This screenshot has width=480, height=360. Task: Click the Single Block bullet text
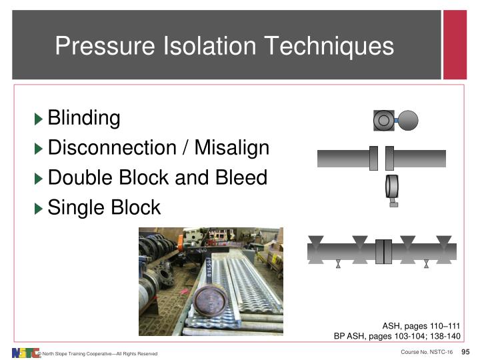pos(104,207)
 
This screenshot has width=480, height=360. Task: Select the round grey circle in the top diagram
pos(408,120)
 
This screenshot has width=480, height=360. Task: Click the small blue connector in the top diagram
pos(396,121)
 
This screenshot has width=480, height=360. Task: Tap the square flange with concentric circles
pos(384,120)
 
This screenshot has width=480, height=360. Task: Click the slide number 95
pos(466,351)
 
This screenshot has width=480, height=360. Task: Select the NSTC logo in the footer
pos(25,352)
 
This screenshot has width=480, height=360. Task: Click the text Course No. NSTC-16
pos(427,351)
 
